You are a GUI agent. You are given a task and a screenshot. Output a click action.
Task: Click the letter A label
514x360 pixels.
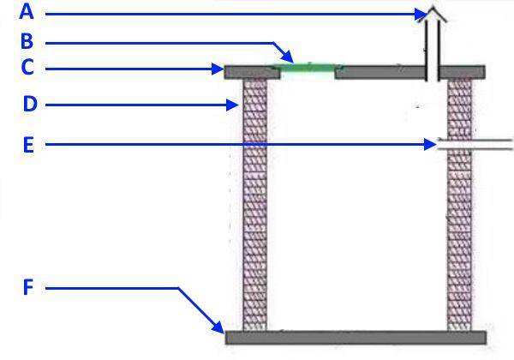point(27,12)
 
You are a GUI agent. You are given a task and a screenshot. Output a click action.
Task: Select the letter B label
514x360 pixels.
point(27,40)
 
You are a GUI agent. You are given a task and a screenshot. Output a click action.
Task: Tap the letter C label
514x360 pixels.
point(27,67)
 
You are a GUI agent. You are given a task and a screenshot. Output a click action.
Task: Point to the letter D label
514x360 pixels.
point(30,105)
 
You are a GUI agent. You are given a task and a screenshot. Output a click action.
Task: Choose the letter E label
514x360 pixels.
point(27,145)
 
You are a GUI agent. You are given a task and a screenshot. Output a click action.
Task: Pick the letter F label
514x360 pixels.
point(27,288)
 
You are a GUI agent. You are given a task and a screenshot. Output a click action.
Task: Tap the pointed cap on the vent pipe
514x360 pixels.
point(434,12)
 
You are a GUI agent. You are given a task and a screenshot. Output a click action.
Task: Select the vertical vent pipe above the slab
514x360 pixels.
point(434,43)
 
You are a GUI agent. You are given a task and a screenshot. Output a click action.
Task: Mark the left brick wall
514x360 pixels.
point(255,206)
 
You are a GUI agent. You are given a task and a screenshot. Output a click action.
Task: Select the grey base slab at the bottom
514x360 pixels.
point(355,338)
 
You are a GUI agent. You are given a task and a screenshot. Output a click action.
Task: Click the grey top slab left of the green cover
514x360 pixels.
point(250,72)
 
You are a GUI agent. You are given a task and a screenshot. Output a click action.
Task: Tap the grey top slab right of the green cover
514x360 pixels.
point(385,72)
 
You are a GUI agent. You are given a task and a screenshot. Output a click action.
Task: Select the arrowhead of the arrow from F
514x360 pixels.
point(219,329)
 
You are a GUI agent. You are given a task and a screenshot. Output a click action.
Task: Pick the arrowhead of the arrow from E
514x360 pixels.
point(433,146)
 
